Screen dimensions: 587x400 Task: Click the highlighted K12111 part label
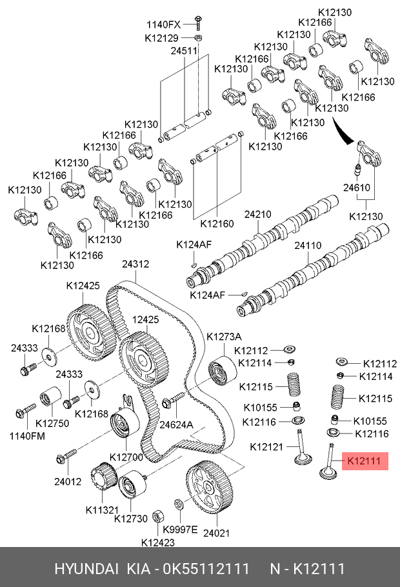[x=365, y=461]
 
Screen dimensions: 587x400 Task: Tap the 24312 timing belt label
[x=136, y=264]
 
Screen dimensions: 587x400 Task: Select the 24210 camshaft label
[x=257, y=214]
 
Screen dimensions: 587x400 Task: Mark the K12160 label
[x=217, y=224]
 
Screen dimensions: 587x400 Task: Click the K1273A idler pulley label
[x=224, y=337]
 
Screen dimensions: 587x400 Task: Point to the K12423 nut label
[x=158, y=542]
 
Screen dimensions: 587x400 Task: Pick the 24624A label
[x=177, y=424]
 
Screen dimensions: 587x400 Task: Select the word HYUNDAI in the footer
[x=86, y=568]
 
